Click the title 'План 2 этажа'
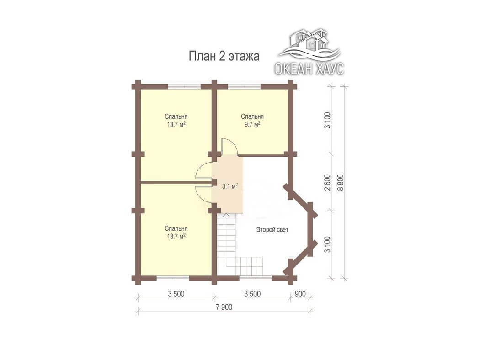pyautogui.click(x=224, y=56)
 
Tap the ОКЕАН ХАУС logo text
pyautogui.click(x=309, y=69)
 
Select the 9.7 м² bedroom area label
pyautogui.click(x=252, y=124)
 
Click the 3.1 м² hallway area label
pyautogui.click(x=230, y=186)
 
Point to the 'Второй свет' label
pyautogui.click(x=272, y=229)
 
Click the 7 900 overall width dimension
pyautogui.click(x=224, y=307)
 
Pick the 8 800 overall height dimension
pyautogui.click(x=341, y=182)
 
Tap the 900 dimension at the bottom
pyautogui.click(x=300, y=294)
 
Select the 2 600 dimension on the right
pyautogui.click(x=328, y=182)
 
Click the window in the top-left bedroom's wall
pyautogui.click(x=184, y=86)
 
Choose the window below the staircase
pyautogui.click(x=255, y=278)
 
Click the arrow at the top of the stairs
pyautogui.click(x=226, y=215)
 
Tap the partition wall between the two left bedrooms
pyautogui.click(x=176, y=183)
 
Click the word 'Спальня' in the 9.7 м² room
pyautogui.click(x=252, y=116)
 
